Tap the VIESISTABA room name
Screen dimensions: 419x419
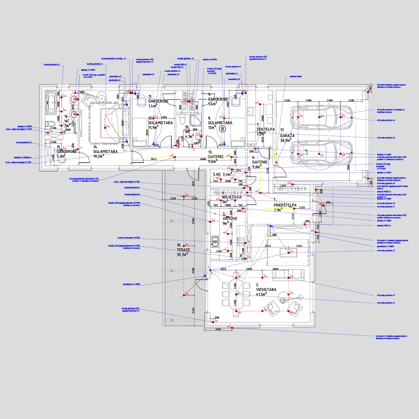tap(266, 290)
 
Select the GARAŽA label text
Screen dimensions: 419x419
tap(287, 136)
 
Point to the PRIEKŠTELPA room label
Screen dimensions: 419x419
tap(285, 205)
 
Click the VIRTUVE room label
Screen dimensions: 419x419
tap(230, 219)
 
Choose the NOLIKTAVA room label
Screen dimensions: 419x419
tap(231, 197)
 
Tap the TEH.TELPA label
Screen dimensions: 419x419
tap(266, 129)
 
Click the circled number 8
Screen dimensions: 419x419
tap(222, 129)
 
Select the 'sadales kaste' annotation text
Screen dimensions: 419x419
tap(295, 76)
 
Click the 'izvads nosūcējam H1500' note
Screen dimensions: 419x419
tap(129, 238)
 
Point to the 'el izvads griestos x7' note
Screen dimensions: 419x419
tap(386, 295)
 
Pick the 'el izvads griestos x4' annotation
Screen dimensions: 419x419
tap(386, 120)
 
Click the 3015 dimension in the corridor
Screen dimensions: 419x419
tap(153, 159)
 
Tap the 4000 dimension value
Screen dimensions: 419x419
tap(203, 159)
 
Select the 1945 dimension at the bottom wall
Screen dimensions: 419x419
tap(218, 329)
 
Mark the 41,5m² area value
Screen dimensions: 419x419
tap(261, 294)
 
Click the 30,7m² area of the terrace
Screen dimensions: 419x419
tap(182, 255)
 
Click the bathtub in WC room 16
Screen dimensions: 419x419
tap(51, 102)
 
